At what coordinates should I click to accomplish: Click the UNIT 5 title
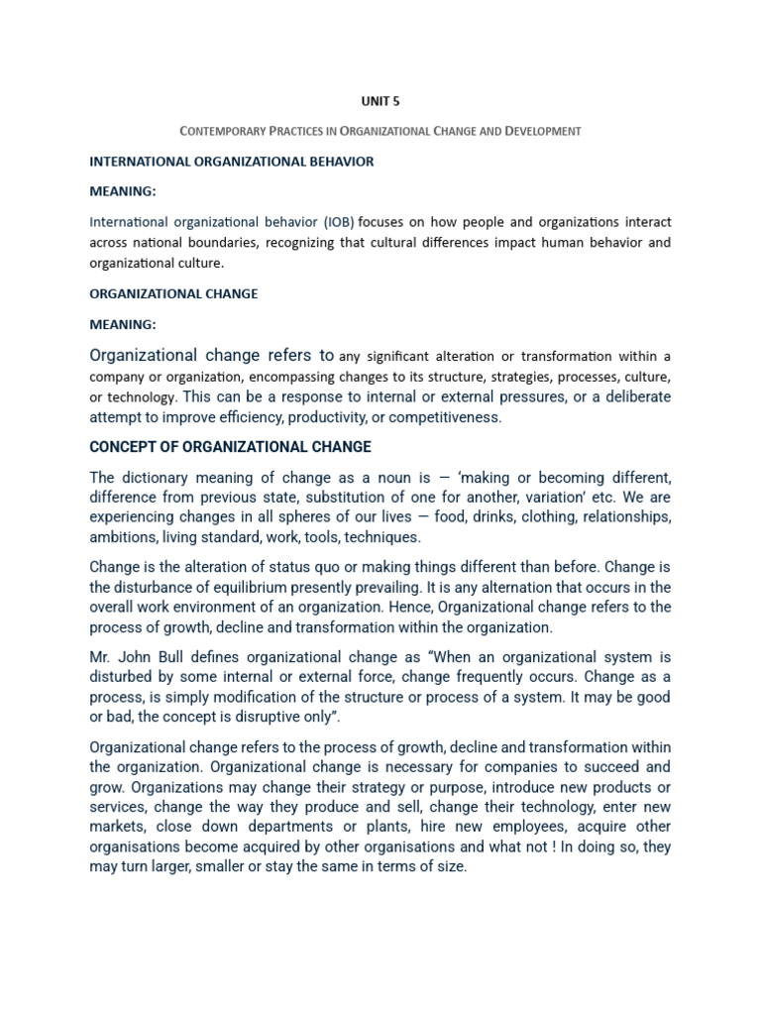click(380, 100)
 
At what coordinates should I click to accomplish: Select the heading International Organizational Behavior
click(231, 162)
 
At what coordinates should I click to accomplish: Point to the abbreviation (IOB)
click(335, 221)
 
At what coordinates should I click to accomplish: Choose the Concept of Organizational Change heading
click(230, 447)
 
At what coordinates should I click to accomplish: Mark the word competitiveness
click(447, 417)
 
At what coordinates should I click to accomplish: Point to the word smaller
click(234, 866)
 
